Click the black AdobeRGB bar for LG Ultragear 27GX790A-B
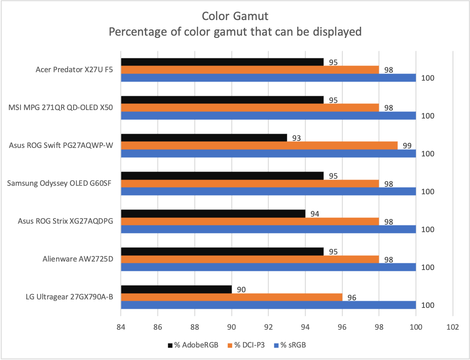point(176,290)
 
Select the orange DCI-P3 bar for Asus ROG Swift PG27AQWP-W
point(259,146)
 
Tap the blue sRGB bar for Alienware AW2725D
point(268,267)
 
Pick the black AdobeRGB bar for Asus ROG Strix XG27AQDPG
point(213,214)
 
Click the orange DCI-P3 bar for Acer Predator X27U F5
point(250,70)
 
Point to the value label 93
point(295,138)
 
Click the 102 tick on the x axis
point(453,327)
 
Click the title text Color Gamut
point(235,16)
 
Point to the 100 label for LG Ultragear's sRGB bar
point(427,306)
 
